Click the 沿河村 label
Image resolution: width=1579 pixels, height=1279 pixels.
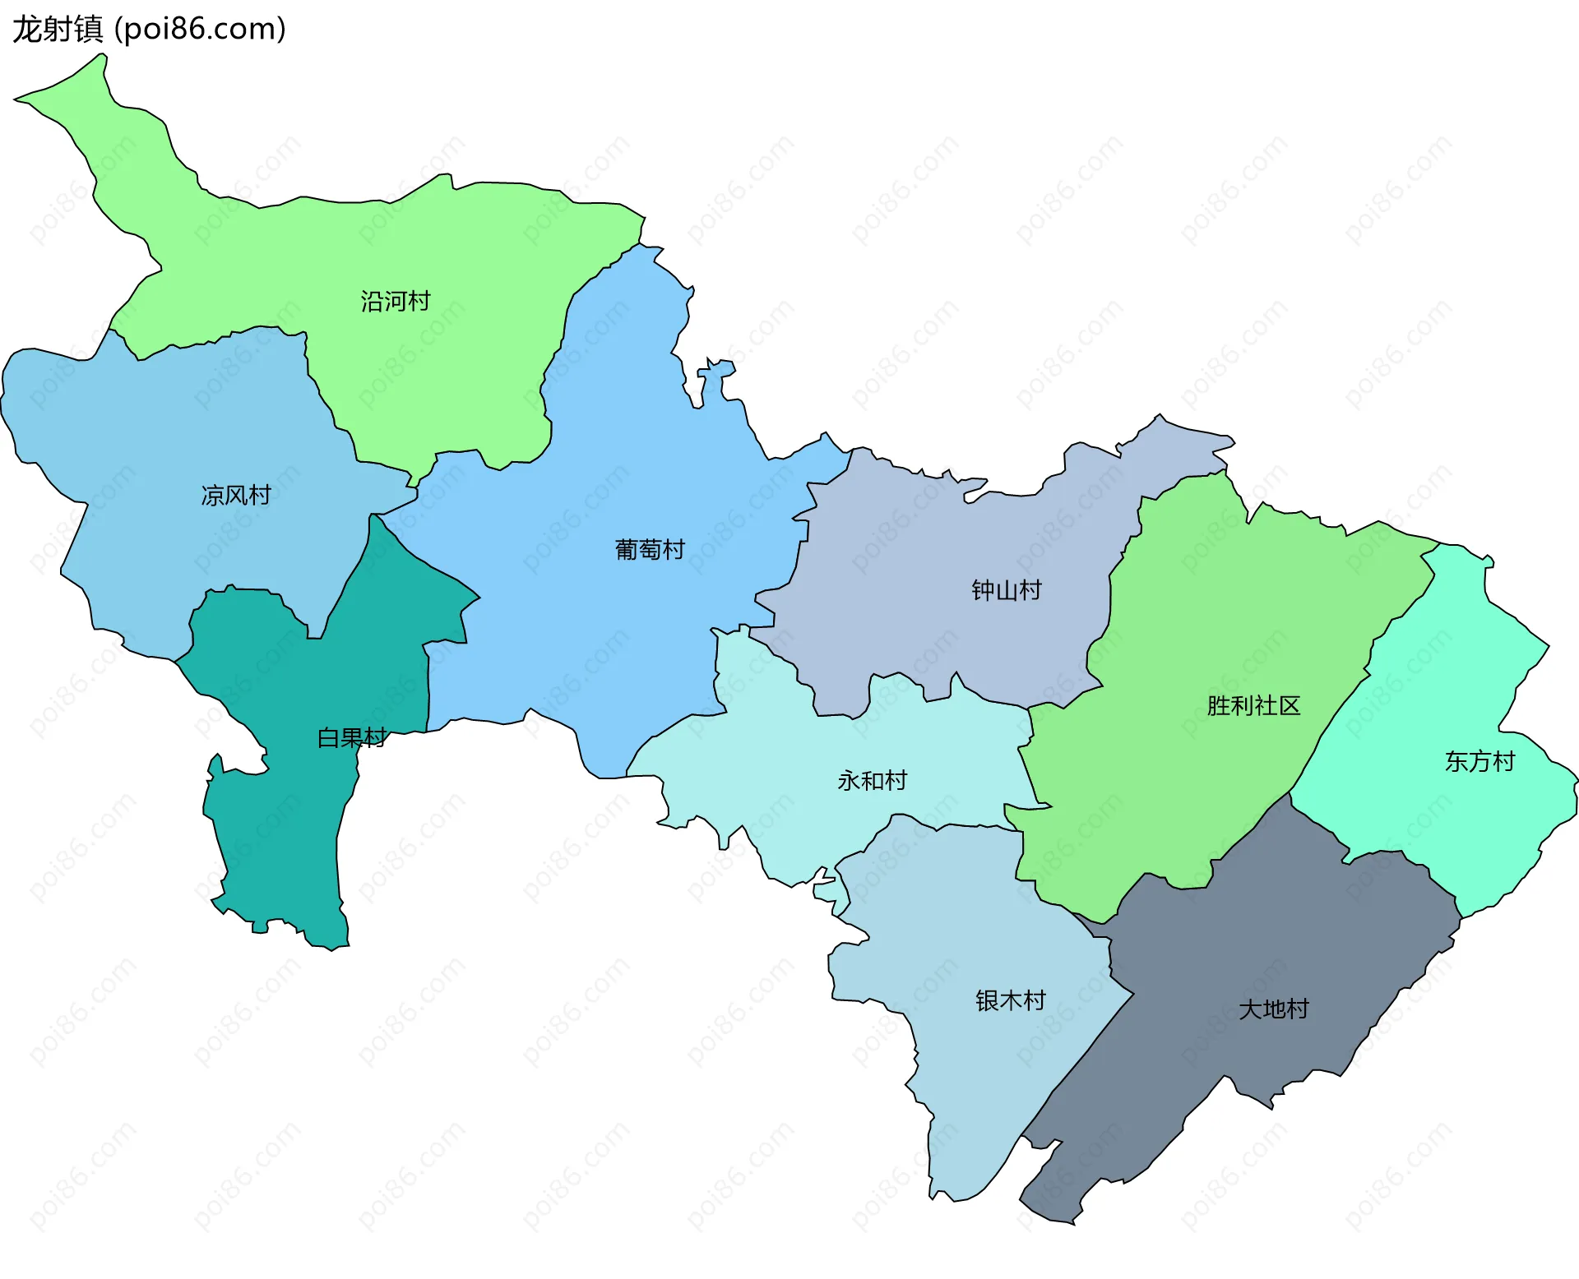395,302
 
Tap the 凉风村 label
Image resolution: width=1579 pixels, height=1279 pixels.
236,496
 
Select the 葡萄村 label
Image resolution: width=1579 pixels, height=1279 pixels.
650,550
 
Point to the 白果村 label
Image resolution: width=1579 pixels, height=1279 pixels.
352,738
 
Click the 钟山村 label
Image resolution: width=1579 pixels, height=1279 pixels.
1006,590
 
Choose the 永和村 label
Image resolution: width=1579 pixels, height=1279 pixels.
872,780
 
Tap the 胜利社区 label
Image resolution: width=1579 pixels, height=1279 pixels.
1253,706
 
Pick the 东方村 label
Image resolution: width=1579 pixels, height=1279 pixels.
1479,762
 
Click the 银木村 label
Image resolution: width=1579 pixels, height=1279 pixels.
1010,1000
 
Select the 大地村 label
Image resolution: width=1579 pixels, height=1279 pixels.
1273,1009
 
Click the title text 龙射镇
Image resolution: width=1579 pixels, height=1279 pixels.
58,30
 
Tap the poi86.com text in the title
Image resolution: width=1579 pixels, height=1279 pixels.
200,30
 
